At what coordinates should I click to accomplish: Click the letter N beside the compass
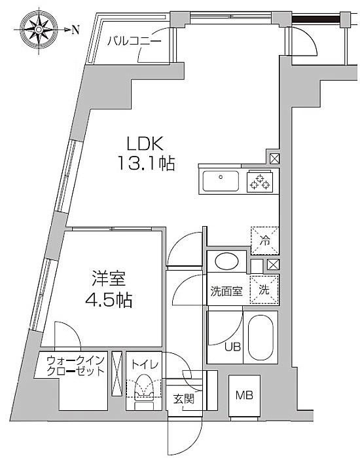(75, 29)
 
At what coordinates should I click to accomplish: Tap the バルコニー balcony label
(134, 41)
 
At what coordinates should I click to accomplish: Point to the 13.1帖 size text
(146, 163)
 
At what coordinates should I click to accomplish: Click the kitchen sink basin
(221, 181)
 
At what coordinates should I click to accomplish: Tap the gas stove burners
(260, 181)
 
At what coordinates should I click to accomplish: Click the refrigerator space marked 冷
(265, 240)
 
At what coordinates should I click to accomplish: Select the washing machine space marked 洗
(264, 290)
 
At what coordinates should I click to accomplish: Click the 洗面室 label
(226, 291)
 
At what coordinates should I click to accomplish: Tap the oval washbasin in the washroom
(226, 261)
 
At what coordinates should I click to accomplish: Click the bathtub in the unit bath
(261, 337)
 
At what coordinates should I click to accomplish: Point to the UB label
(232, 347)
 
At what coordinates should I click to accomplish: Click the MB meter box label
(244, 396)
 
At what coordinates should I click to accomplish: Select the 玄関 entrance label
(183, 398)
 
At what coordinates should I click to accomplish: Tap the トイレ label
(145, 364)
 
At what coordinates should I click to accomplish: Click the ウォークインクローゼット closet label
(75, 366)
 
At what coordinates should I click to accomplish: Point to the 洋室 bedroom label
(109, 278)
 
